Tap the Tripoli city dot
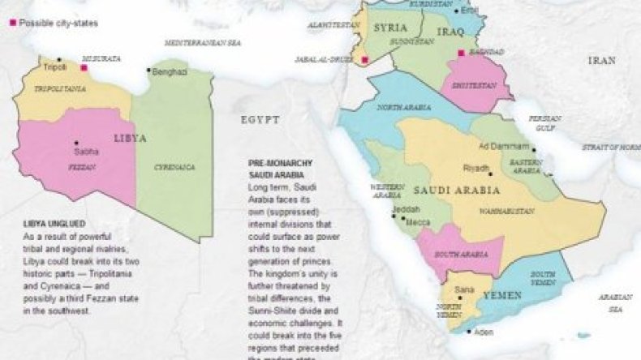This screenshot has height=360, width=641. point(58,60)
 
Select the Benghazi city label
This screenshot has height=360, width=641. point(170,71)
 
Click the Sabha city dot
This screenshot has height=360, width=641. point(76,143)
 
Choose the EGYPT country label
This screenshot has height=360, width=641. point(260,120)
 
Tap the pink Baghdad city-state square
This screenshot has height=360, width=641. point(461,54)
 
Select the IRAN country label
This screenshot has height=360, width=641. point(601,60)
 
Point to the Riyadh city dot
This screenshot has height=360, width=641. point(489,173)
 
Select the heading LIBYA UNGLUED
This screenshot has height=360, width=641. point(54,223)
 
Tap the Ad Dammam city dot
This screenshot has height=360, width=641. point(532,148)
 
